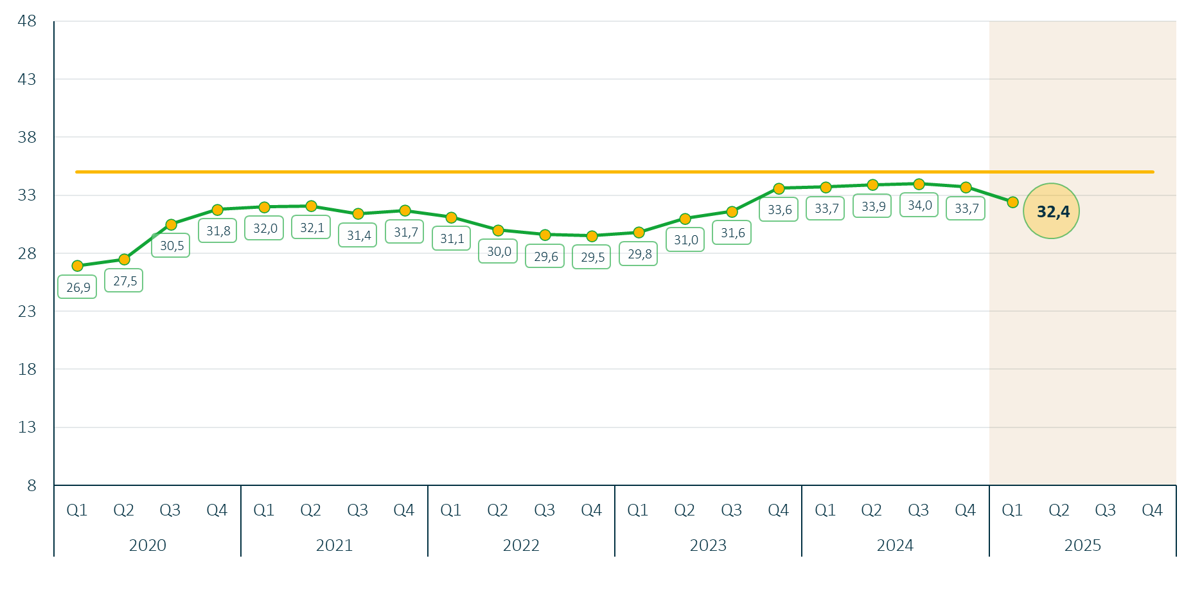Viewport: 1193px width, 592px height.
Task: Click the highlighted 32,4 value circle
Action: click(x=1052, y=211)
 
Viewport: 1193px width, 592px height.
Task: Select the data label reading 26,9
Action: click(x=78, y=287)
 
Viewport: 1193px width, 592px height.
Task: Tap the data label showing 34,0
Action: click(x=919, y=206)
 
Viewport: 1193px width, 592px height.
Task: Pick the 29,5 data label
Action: click(x=592, y=257)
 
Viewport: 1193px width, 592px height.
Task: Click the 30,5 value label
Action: click(x=171, y=246)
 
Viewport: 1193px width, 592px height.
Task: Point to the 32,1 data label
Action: click(x=312, y=228)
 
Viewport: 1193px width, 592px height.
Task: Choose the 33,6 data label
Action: click(x=779, y=210)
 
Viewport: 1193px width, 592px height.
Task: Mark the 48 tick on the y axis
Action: click(x=27, y=21)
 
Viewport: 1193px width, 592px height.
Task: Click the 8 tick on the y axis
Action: click(x=31, y=485)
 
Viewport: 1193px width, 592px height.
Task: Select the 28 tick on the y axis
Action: click(x=27, y=253)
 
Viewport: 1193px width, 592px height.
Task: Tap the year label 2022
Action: click(x=521, y=545)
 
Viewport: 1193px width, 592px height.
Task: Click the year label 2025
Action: click(x=1083, y=545)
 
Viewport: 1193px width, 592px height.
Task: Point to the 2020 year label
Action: click(x=147, y=545)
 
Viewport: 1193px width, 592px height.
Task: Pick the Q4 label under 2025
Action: click(x=1152, y=510)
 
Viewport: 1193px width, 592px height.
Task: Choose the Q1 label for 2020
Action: click(x=77, y=510)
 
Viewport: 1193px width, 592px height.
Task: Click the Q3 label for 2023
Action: click(x=731, y=510)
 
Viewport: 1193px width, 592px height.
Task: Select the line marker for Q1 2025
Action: click(x=1012, y=202)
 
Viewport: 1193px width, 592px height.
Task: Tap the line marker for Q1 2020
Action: click(x=78, y=265)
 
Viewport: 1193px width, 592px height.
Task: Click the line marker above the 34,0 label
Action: click(x=919, y=184)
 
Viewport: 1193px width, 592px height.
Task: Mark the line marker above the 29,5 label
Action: click(x=592, y=236)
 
